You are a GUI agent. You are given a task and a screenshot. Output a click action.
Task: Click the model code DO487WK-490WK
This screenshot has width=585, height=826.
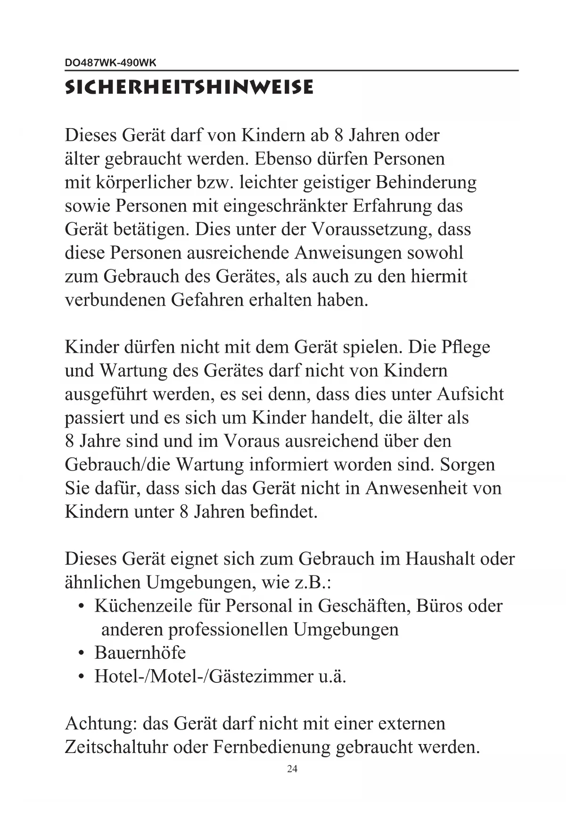[110, 63]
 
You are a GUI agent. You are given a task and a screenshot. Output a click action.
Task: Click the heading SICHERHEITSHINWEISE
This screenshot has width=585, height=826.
[189, 88]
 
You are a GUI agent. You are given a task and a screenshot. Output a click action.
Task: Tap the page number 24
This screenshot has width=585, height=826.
[292, 769]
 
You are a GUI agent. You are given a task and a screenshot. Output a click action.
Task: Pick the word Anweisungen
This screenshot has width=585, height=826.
[347, 253]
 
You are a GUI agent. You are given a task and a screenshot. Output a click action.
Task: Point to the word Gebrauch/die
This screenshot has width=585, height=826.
[118, 465]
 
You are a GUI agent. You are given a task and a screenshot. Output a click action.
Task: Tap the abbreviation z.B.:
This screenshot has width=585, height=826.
[313, 583]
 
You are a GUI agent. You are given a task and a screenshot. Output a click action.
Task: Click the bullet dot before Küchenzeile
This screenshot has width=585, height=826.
[82, 606]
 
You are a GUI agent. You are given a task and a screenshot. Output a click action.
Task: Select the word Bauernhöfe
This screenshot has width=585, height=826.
[140, 653]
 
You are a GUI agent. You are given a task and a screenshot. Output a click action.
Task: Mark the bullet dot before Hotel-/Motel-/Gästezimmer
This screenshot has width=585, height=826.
[82, 677]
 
